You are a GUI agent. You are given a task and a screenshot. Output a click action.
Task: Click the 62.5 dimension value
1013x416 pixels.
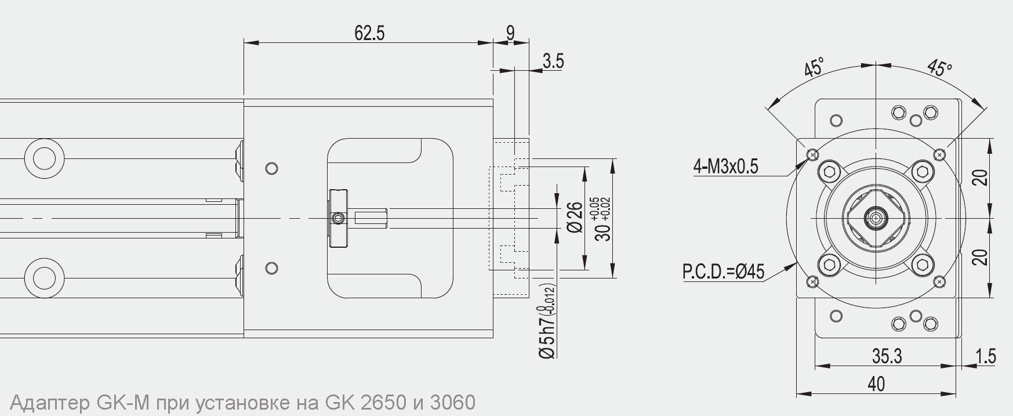coord(369,33)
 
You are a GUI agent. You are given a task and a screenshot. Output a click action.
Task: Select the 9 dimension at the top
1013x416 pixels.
coord(510,32)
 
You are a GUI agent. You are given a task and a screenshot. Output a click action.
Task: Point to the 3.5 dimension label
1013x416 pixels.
coord(553,61)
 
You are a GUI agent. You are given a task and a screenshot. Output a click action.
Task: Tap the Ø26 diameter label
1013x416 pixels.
coord(574,218)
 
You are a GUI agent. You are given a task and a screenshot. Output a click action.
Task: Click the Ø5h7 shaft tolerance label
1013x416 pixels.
coord(547,321)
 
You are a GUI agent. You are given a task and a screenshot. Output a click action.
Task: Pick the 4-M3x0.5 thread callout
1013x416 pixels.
coord(725,167)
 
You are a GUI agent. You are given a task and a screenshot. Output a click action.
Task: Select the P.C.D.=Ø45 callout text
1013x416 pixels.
coord(723,272)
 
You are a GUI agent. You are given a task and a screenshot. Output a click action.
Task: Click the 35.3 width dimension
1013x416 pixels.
coord(887,356)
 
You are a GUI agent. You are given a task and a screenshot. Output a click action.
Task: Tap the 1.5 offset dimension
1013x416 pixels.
coord(985,356)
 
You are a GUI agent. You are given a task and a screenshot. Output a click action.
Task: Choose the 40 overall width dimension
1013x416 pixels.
coord(876,384)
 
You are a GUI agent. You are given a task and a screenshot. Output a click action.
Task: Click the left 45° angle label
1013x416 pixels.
coord(814,68)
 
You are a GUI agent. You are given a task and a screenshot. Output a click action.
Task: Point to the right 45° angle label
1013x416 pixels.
coord(939,68)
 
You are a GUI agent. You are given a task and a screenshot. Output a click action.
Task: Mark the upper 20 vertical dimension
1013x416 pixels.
coord(980,178)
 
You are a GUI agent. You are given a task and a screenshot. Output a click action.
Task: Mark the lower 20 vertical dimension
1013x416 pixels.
coord(980,257)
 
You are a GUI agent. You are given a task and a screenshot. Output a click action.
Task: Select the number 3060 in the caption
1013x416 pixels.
coord(452,402)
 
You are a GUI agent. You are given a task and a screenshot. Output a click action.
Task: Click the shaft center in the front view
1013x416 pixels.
coord(875,219)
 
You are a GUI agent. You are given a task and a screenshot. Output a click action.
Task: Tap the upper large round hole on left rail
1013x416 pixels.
coord(44,158)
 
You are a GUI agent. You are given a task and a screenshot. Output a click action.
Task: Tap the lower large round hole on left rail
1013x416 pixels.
coord(44,277)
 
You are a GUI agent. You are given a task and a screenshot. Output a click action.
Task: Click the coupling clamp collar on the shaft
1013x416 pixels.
coord(338,218)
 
